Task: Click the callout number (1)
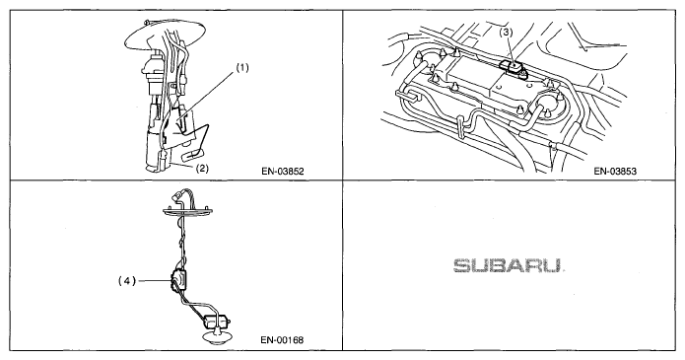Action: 242,68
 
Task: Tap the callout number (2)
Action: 202,169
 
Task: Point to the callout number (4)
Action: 127,281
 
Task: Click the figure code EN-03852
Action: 282,171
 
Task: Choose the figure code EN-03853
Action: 615,171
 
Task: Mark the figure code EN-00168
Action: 282,339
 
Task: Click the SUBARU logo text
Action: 507,265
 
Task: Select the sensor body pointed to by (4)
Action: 178,277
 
